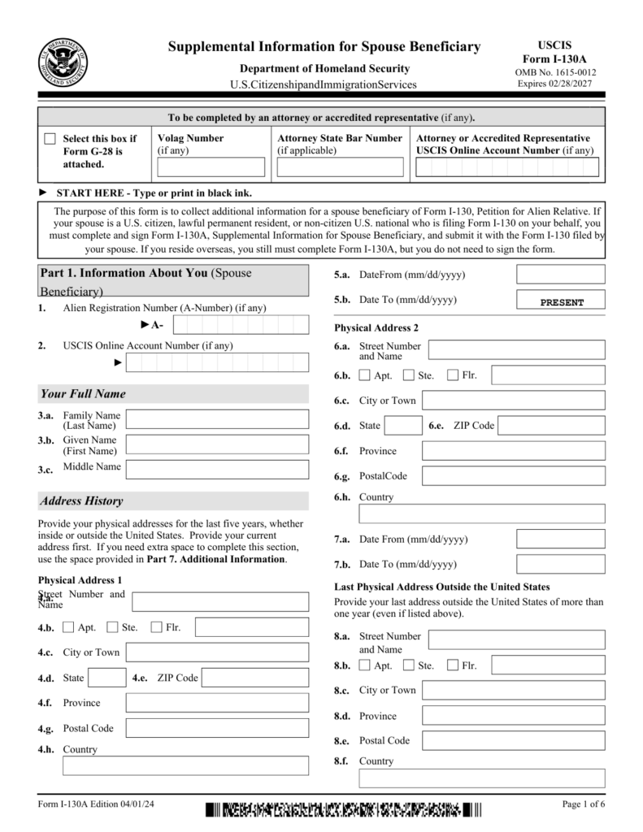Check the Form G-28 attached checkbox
[x=50, y=139]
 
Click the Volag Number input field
[x=211, y=167]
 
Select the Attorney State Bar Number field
[x=340, y=167]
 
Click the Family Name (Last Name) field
[x=217, y=419]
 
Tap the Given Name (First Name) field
[x=217, y=444]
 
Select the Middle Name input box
[x=217, y=470]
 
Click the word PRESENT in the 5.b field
[x=562, y=302]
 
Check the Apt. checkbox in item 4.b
[x=68, y=627]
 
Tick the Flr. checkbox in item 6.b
[x=453, y=375]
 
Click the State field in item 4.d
[x=106, y=678]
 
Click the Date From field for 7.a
[x=561, y=539]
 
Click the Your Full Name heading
[x=83, y=394]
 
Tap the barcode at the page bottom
[x=343, y=809]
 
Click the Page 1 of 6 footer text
[x=583, y=805]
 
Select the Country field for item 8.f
[x=482, y=779]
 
